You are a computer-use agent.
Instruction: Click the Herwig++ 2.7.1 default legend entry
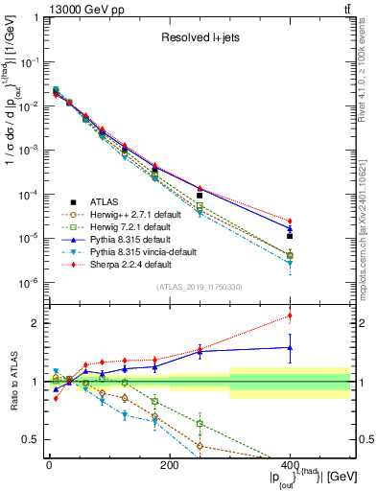click(134, 214)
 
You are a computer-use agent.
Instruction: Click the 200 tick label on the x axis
click(169, 466)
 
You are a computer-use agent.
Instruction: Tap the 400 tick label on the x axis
click(290, 466)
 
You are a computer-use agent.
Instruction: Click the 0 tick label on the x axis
click(48, 466)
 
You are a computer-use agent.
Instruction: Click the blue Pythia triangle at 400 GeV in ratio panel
click(290, 348)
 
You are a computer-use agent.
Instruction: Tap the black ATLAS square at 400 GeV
click(290, 236)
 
